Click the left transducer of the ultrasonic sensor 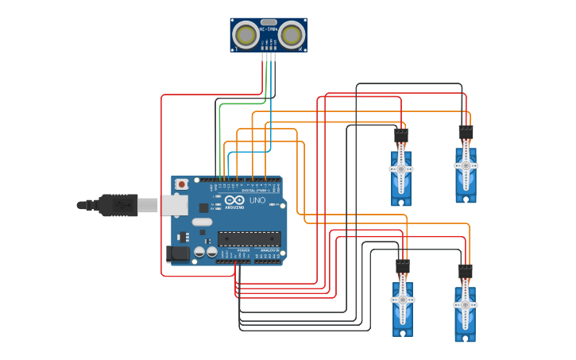click(247, 35)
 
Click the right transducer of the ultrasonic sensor click(292, 35)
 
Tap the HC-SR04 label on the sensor click(269, 29)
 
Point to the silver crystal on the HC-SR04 click(269, 22)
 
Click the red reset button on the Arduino click(182, 184)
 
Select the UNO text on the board click(257, 201)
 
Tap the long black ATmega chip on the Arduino click(249, 238)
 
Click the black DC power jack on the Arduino click(178, 254)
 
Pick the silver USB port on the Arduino click(174, 205)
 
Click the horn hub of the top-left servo click(400, 169)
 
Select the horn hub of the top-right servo click(466, 165)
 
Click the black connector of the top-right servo click(466, 131)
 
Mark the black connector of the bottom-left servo click(403, 267)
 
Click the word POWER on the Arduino click(243, 250)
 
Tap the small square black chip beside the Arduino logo click(203, 207)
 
